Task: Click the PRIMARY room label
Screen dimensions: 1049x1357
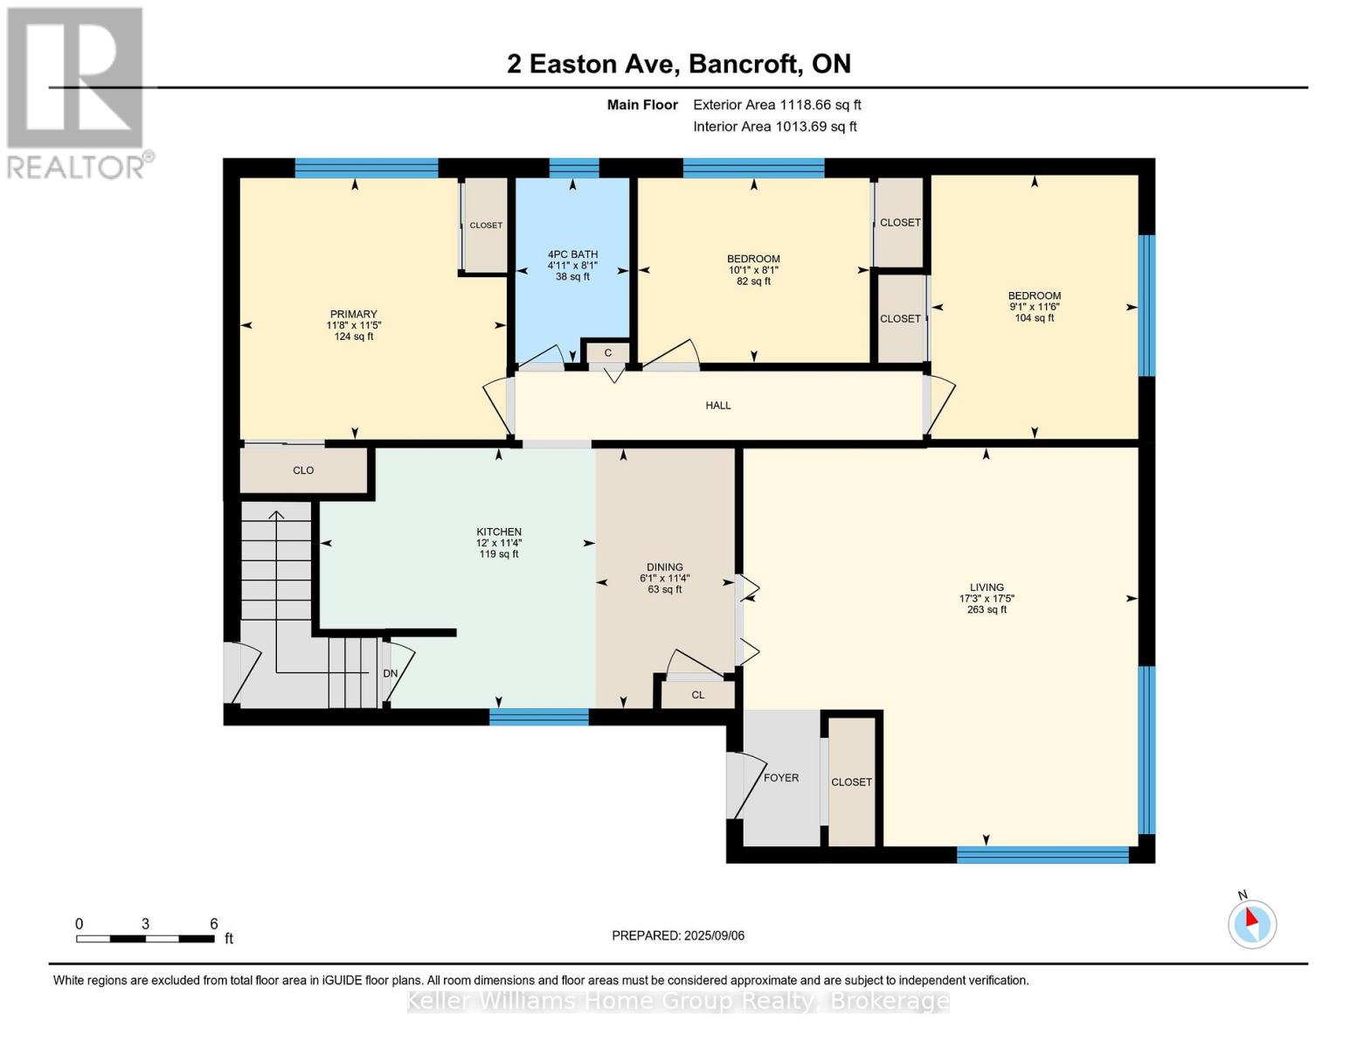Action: pyautogui.click(x=353, y=315)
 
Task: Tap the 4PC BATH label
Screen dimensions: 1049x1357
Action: pyautogui.click(x=572, y=254)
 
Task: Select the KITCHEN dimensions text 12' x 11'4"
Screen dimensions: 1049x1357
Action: pyautogui.click(x=498, y=543)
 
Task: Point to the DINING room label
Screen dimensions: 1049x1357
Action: pyautogui.click(x=664, y=567)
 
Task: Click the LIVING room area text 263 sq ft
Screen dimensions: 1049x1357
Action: pyautogui.click(x=987, y=610)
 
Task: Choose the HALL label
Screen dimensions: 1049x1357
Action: pyautogui.click(x=718, y=406)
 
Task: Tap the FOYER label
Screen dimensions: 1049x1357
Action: pyautogui.click(x=780, y=778)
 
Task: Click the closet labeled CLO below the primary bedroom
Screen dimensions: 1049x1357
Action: pyautogui.click(x=303, y=470)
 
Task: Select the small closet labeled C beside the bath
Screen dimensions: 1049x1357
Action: pyautogui.click(x=607, y=353)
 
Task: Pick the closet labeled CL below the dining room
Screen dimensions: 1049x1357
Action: pyautogui.click(x=697, y=695)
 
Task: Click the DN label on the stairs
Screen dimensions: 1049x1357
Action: pyautogui.click(x=391, y=673)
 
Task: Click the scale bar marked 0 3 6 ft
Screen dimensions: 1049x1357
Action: pyautogui.click(x=145, y=939)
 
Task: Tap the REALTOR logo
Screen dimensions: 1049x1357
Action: pyautogui.click(x=76, y=92)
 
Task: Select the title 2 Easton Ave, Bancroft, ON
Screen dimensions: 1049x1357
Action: pyautogui.click(x=678, y=64)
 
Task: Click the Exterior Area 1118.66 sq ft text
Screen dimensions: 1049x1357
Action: pyautogui.click(x=777, y=105)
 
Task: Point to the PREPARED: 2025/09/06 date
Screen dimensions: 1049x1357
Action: pyautogui.click(x=678, y=935)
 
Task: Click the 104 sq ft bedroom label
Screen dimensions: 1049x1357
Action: pyautogui.click(x=1034, y=318)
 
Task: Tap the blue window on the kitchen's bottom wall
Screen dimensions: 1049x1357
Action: pyautogui.click(x=538, y=718)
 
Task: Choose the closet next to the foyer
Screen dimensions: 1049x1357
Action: pyautogui.click(x=851, y=782)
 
